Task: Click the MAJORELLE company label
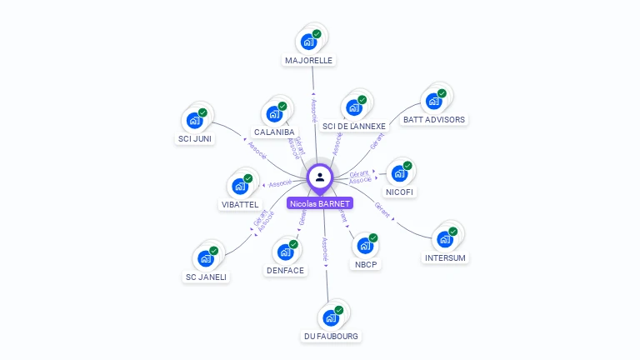coord(308,61)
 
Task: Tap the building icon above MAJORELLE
coord(308,41)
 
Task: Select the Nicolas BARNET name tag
coord(320,203)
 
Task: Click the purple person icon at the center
coord(320,177)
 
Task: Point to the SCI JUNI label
coord(195,138)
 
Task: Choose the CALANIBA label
coord(274,132)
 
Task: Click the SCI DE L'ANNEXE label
coord(354,127)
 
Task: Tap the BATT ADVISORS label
coord(433,119)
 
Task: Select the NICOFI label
coord(400,192)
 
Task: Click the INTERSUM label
coord(445,257)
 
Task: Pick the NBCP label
coord(365,266)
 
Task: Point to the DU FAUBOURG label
coord(331,336)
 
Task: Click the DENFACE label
coord(286,270)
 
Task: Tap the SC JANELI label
coord(206,277)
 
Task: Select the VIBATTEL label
coord(240,204)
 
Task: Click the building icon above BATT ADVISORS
coord(433,101)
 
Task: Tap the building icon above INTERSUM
coord(445,238)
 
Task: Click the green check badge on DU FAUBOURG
coord(339,310)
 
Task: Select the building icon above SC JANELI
coord(206,258)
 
